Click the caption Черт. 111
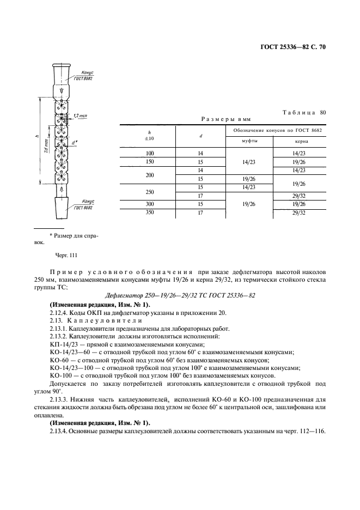click(x=65, y=256)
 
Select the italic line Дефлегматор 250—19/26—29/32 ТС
click(x=179, y=295)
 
